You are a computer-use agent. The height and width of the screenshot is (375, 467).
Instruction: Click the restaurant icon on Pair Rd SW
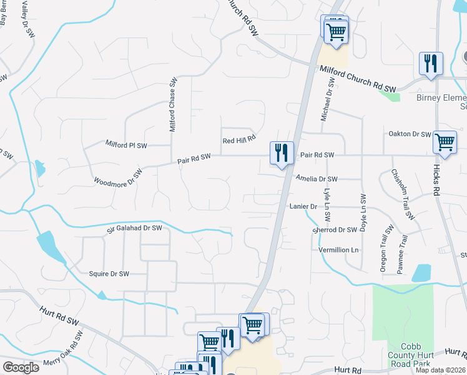pos(282,152)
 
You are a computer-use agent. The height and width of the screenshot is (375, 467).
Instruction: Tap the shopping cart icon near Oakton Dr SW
pos(444,142)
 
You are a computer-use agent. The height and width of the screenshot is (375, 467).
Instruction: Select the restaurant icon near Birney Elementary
pos(431,63)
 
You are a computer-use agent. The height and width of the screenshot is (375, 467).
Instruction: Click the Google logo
pos(21,367)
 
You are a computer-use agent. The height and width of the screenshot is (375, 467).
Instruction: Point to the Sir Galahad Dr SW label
pos(134,229)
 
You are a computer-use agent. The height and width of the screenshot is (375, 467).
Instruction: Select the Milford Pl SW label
pos(126,145)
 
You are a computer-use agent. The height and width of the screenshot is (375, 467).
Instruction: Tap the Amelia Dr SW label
pos(317,178)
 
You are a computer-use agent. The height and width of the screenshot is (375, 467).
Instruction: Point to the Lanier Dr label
pos(303,206)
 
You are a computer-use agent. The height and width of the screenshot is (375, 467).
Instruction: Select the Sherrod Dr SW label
pos(335,229)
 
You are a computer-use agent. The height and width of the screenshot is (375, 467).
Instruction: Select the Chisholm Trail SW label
pos(403,194)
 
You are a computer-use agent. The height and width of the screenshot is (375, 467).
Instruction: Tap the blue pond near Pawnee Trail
pos(421,273)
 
